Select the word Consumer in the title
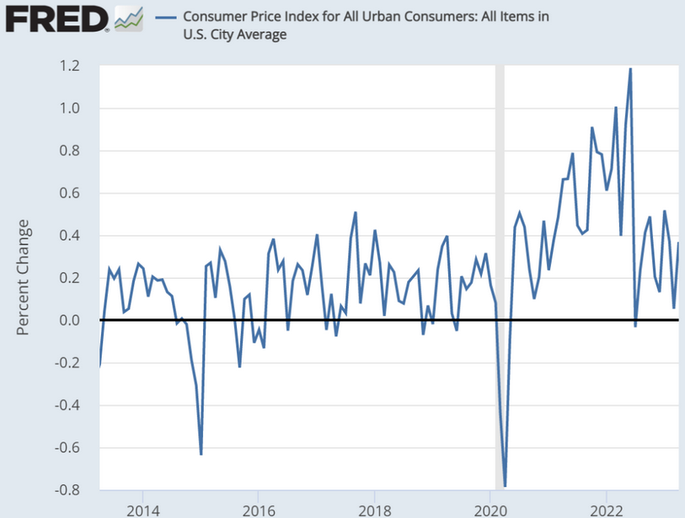(214, 17)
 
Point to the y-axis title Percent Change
(24, 277)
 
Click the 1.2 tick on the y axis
(70, 66)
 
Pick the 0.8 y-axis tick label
(70, 151)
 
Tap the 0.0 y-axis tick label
(70, 320)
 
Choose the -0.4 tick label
(67, 405)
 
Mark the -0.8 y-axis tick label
(67, 489)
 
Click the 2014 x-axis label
(142, 509)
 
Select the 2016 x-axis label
(259, 509)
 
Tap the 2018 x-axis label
(375, 509)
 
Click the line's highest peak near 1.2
(630, 69)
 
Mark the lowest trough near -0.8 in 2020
(505, 485)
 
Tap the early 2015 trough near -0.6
(201, 453)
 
